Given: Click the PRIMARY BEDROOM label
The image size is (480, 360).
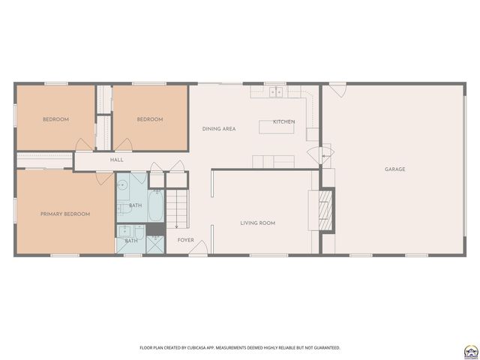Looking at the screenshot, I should coord(65,214).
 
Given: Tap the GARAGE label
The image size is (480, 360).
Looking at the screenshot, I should coord(394,169).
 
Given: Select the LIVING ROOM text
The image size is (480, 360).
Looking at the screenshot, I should coord(257,223).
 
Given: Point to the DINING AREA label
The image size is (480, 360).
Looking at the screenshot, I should coord(219,129).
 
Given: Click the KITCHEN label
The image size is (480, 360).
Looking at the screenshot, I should coord(283,121).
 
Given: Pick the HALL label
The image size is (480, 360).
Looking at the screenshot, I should coord(117,160).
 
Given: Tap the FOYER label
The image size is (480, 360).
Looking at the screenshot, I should coord(185,240).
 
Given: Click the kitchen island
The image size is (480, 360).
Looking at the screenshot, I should coord(277,127).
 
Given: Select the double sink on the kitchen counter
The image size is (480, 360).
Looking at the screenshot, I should coord(276,92).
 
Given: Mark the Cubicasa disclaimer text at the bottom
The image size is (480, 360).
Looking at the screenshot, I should coord(239,347).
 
